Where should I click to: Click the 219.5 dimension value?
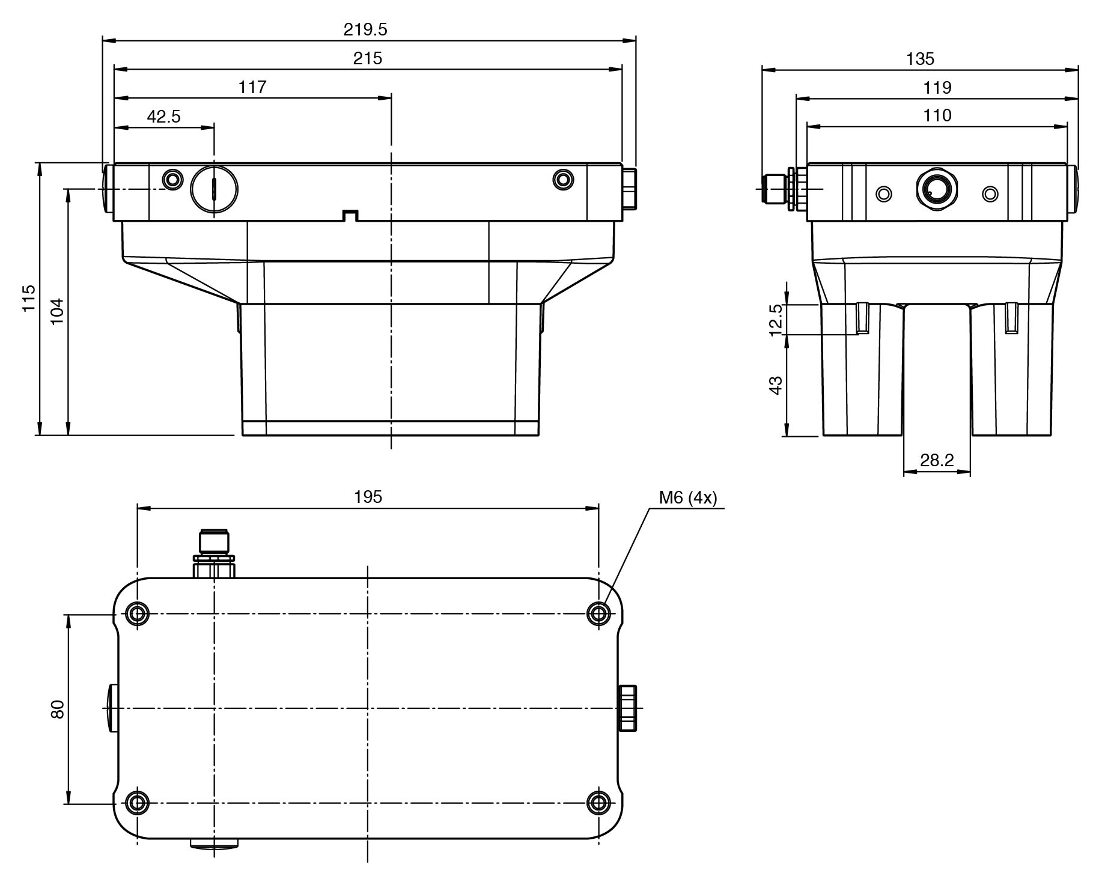[365, 29]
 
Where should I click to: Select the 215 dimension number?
[368, 58]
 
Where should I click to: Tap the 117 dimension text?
[252, 87]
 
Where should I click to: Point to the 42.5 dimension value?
[164, 116]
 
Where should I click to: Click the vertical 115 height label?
[29, 298]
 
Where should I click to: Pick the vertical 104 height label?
[56, 311]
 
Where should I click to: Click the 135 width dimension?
[920, 59]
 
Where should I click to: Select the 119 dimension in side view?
[937, 88]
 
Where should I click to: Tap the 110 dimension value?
[937, 115]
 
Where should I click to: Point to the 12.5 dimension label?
[776, 320]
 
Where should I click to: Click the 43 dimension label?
[776, 385]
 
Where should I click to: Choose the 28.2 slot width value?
[937, 460]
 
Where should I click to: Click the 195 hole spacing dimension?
[368, 497]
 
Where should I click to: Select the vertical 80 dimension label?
[58, 709]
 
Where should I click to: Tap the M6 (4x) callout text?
[688, 497]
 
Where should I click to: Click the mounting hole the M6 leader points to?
[598, 614]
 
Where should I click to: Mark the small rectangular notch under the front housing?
[350, 216]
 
